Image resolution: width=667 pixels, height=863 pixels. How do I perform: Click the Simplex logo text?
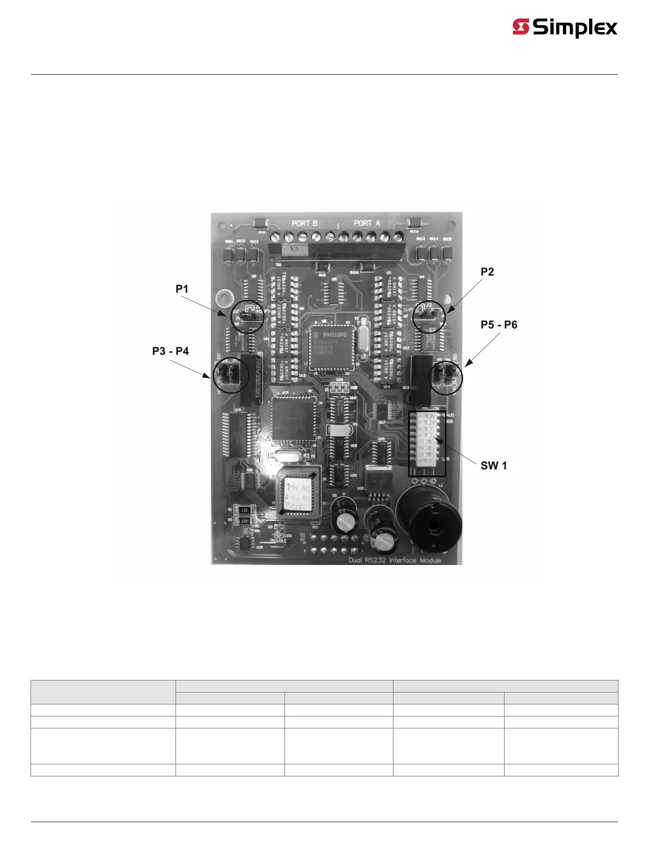click(x=575, y=27)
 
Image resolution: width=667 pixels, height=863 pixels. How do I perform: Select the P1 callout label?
click(x=181, y=289)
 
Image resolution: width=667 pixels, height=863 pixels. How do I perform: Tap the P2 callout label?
click(x=487, y=272)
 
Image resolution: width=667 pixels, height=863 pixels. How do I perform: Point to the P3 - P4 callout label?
click(x=171, y=351)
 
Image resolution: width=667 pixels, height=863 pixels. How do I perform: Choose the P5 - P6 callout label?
click(x=499, y=325)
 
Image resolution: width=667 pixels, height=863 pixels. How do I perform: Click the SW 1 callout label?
click(x=493, y=465)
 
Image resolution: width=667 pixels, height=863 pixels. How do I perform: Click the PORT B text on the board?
click(x=304, y=223)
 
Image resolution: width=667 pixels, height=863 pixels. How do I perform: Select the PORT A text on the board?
click(x=367, y=223)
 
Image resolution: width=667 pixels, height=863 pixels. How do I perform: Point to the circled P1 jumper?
click(x=247, y=316)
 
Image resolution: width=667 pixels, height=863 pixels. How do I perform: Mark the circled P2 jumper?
click(x=428, y=316)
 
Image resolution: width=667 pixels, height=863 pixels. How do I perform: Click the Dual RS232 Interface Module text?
click(x=395, y=560)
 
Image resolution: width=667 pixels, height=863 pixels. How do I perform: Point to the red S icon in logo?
click(x=521, y=27)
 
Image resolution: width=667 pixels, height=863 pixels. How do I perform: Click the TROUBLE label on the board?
click(x=278, y=541)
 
